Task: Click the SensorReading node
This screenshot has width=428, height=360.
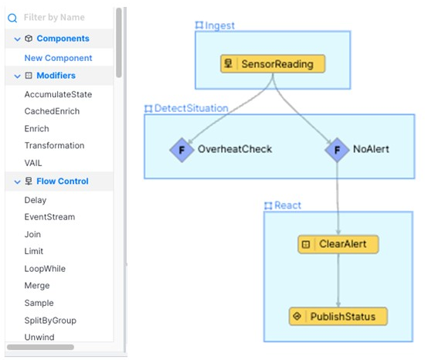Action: point(273,64)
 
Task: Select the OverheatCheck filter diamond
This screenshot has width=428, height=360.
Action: point(182,150)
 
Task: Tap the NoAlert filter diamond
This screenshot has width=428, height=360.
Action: point(337,150)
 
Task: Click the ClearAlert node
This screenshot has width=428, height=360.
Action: point(338,244)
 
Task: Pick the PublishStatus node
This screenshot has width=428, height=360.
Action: point(338,317)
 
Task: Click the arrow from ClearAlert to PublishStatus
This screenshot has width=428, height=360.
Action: point(338,280)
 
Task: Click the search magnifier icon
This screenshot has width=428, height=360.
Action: point(12,18)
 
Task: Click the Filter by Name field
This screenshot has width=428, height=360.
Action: point(54,18)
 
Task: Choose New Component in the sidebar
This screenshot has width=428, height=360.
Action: point(58,58)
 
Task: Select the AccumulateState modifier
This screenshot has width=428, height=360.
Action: point(58,94)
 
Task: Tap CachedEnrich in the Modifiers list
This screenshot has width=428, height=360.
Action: point(52,111)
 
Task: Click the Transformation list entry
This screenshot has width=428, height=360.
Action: point(54,145)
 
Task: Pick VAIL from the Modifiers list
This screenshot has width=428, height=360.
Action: point(33,163)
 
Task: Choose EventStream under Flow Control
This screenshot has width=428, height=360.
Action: point(49,217)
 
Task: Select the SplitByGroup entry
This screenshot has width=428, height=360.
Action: point(50,320)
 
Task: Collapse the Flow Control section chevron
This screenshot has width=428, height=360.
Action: point(17,182)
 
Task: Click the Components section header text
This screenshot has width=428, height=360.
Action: point(63,39)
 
